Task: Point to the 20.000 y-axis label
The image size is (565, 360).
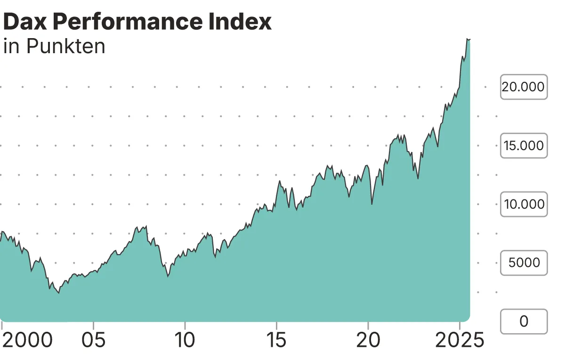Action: pyautogui.click(x=523, y=87)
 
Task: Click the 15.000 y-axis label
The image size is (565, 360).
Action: pyautogui.click(x=523, y=145)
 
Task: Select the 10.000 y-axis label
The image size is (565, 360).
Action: pyautogui.click(x=523, y=204)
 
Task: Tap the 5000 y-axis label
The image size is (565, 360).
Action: pyautogui.click(x=523, y=263)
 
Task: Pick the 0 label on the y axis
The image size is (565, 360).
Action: pyautogui.click(x=524, y=321)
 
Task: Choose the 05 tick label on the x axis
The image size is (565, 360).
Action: pyautogui.click(x=94, y=340)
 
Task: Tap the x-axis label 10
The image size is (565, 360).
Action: pyautogui.click(x=185, y=340)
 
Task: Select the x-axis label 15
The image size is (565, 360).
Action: pyautogui.click(x=277, y=340)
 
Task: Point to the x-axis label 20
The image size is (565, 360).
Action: pyautogui.click(x=368, y=340)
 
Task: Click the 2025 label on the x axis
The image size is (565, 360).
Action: pyautogui.click(x=459, y=340)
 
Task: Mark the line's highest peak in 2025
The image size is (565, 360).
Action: pyautogui.click(x=467, y=39)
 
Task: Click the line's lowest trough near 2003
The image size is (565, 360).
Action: pyautogui.click(x=59, y=293)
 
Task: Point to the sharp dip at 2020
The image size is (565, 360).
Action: pyautogui.click(x=372, y=204)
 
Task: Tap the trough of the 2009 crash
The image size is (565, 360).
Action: pyautogui.click(x=168, y=276)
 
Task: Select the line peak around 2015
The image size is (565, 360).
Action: pyautogui.click(x=280, y=181)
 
